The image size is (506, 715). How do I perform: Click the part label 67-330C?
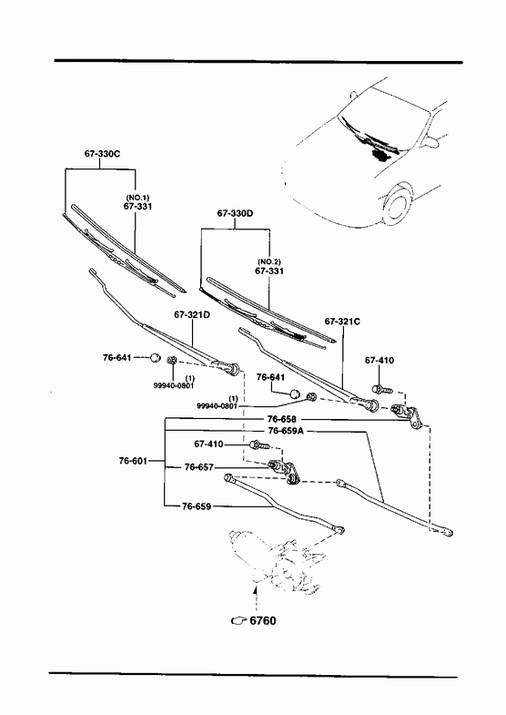point(102,154)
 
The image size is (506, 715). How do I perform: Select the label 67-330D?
point(235,213)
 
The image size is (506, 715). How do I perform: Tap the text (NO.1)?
point(137,198)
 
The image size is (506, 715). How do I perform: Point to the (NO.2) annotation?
point(269,261)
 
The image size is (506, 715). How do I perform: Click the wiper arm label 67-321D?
point(192,314)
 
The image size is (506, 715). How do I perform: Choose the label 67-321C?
point(342,322)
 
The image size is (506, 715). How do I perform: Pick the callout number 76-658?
point(281,419)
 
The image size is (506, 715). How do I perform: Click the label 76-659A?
point(286,431)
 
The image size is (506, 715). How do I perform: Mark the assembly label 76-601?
point(133,461)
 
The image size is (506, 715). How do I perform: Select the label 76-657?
point(198,467)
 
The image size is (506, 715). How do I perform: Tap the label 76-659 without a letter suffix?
point(197,506)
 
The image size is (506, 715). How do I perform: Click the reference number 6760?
point(263,620)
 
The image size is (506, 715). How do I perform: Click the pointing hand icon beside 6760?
point(238,620)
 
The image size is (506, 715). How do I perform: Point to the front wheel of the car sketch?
point(398,204)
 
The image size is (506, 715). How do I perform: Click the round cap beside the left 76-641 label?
point(156,357)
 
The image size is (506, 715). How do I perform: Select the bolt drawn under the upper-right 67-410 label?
point(381,390)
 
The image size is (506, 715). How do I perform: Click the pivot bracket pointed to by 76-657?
point(285,471)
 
